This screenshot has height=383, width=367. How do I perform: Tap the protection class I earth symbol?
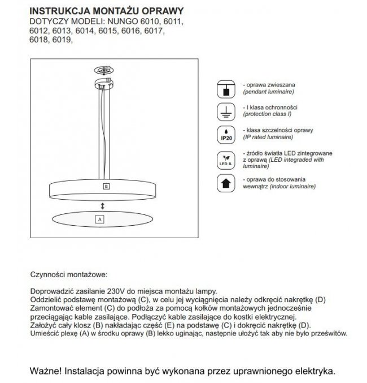coord(226,111)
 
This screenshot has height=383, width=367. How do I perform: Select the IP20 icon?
coord(226,135)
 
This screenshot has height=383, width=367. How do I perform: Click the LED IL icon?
coord(226,159)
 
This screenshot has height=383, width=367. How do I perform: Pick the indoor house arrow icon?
coord(226,183)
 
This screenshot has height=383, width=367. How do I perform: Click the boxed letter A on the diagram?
coord(99,219)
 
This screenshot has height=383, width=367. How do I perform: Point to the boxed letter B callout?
coord(106,186)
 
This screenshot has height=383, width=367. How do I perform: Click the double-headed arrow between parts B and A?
coord(102,205)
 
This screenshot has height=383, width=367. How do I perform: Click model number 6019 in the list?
coord(62,40)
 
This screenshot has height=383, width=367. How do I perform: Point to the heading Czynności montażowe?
coord(68,274)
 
